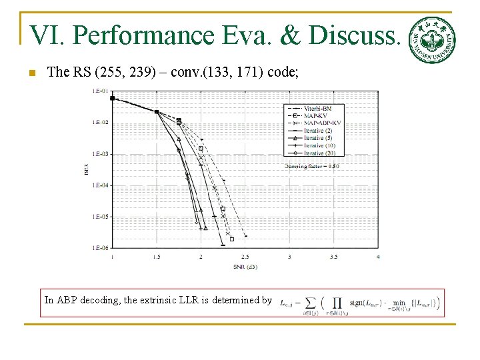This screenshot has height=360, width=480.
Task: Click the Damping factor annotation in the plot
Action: (x=312, y=165)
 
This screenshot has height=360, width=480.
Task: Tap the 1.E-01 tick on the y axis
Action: (x=99, y=91)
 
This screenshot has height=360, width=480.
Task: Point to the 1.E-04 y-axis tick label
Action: (x=99, y=185)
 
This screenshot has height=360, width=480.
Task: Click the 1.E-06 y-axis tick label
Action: (x=99, y=248)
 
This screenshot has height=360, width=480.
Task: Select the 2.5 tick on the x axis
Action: (x=245, y=257)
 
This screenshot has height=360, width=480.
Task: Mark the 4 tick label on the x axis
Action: (x=378, y=257)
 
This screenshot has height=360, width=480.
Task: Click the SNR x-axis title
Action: (x=245, y=267)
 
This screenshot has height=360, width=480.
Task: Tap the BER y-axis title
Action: (x=87, y=170)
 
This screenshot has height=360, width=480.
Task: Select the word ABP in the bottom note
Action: (x=67, y=300)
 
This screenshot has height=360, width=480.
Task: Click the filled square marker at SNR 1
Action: (x=112, y=98)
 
